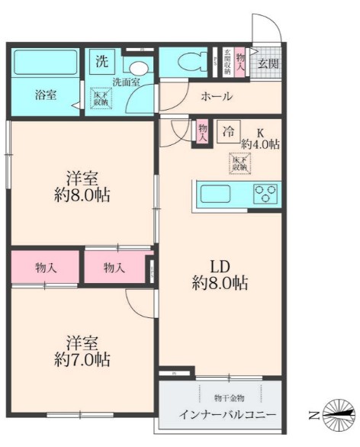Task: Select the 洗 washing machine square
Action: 101,59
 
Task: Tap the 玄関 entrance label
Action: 267,63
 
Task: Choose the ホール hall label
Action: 217,97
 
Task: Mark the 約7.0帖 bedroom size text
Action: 82,359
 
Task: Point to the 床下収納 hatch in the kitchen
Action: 239,162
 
